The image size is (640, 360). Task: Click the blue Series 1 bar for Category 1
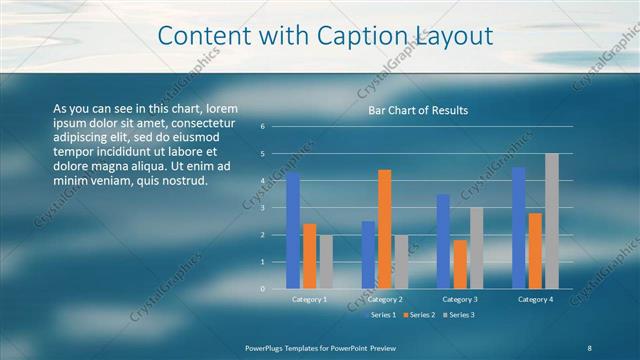293,231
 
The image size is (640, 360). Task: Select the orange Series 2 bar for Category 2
385,229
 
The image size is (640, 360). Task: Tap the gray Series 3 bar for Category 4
552,221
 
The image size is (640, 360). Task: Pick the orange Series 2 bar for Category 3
460,264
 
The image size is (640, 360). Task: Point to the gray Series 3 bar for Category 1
326,262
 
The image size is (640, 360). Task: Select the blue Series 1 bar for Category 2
368,255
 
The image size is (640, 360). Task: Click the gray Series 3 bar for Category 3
476,248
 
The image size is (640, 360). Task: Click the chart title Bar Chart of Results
418,110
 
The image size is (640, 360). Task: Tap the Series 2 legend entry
419,315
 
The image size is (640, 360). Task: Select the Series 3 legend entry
458,315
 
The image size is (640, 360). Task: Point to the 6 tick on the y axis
262,127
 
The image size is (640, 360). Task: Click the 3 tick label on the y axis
262,208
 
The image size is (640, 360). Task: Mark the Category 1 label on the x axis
309,299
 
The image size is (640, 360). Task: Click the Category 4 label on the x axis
535,299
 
